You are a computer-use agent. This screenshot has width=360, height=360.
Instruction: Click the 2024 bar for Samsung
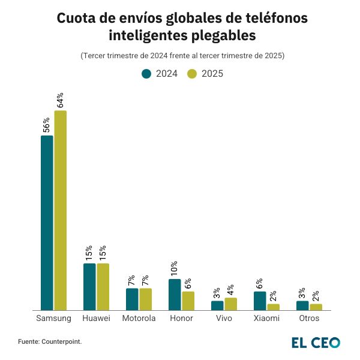(x=47, y=223)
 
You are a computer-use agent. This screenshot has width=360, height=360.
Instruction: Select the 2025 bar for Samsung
(x=60, y=210)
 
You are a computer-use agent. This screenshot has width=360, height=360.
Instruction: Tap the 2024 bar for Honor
(x=175, y=294)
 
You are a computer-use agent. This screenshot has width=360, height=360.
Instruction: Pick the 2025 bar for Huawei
(x=103, y=286)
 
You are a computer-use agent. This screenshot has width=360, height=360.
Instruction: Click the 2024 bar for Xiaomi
(x=260, y=301)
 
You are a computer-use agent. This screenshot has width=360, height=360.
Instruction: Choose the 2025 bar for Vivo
(x=231, y=304)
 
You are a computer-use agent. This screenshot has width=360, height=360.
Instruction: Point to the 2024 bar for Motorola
(x=132, y=299)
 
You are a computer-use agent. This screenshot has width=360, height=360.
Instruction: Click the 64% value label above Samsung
(x=60, y=100)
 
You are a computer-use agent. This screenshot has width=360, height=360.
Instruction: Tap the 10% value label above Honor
(x=175, y=268)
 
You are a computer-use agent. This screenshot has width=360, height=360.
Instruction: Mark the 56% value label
(x=47, y=125)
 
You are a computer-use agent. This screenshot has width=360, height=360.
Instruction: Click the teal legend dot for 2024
(x=146, y=74)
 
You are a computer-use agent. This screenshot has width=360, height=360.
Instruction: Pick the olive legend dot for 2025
(x=193, y=74)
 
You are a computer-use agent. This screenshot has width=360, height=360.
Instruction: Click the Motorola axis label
(x=139, y=318)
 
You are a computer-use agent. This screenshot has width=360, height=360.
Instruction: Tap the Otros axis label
(x=309, y=318)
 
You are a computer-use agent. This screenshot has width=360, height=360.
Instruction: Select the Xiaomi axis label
(x=266, y=318)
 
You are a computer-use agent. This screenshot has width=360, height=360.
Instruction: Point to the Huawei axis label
(x=96, y=318)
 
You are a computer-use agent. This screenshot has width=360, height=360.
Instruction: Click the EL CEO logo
(x=316, y=342)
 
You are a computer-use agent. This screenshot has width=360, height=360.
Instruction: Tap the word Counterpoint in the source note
(x=61, y=341)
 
